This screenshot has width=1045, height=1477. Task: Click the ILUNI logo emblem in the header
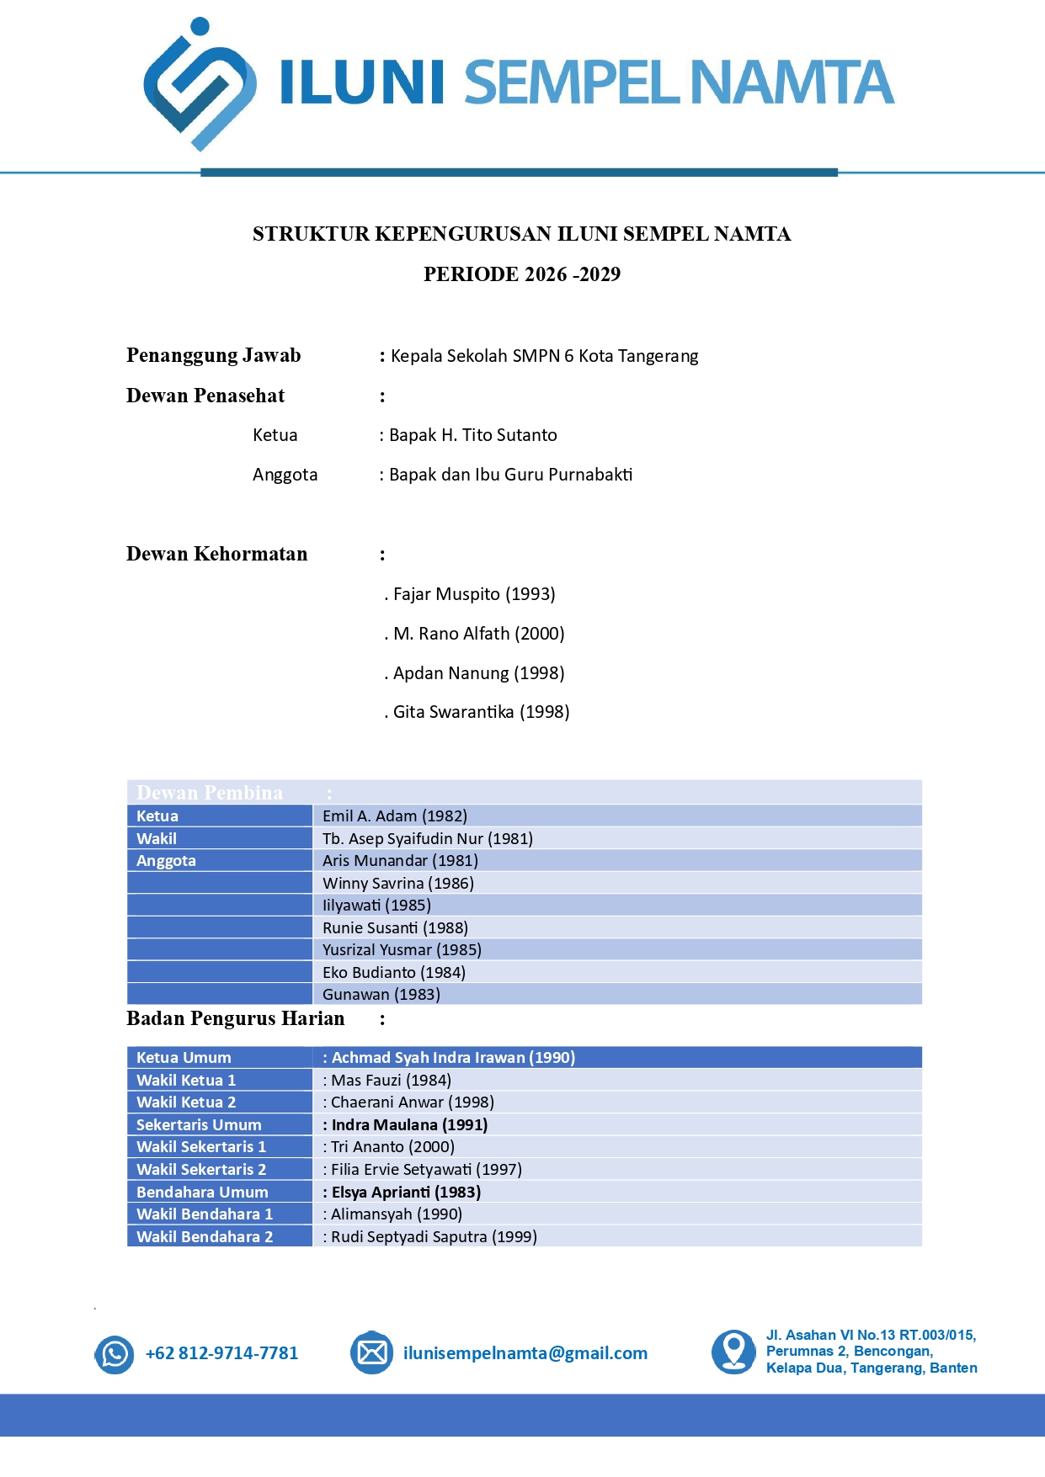click(200, 84)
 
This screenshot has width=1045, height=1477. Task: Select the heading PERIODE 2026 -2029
click(522, 274)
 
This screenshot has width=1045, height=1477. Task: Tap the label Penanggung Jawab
click(214, 355)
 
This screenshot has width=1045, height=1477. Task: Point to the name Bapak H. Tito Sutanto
click(472, 435)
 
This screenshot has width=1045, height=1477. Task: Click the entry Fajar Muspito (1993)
click(473, 594)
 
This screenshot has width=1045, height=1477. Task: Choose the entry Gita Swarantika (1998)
click(481, 712)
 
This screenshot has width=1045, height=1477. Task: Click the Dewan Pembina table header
click(210, 792)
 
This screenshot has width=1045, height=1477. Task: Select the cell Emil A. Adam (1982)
click(395, 816)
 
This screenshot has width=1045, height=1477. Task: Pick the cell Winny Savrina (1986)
click(398, 883)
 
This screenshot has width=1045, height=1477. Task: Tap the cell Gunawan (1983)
click(381, 994)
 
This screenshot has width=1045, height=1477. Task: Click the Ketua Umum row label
click(184, 1058)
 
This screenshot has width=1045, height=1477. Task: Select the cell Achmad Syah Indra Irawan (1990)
click(453, 1058)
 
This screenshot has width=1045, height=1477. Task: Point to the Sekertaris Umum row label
click(199, 1124)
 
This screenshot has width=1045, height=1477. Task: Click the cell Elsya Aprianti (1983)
click(406, 1192)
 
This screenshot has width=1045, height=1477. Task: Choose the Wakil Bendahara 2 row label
click(205, 1236)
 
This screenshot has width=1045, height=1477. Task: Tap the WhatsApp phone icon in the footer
click(115, 1354)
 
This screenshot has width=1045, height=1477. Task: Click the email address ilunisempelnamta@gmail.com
click(525, 1353)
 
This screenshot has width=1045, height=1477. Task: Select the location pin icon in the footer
click(733, 1352)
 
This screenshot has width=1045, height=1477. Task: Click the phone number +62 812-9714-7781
click(222, 1353)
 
